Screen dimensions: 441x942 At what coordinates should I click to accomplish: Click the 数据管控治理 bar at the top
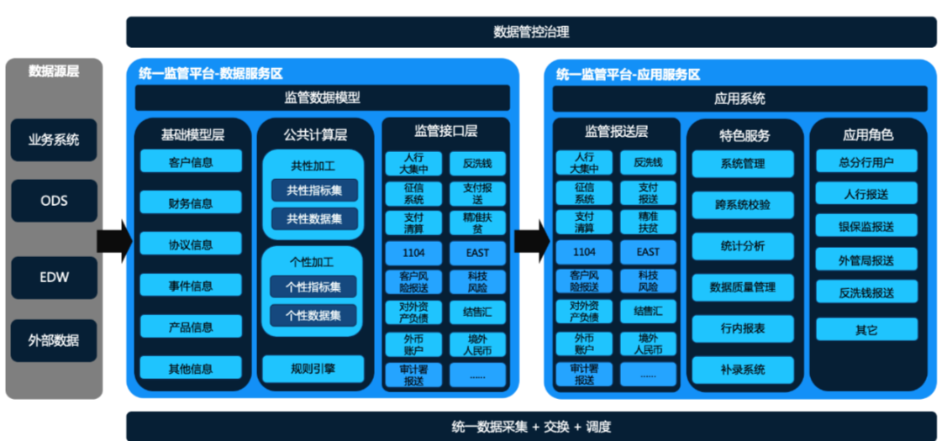click(x=531, y=32)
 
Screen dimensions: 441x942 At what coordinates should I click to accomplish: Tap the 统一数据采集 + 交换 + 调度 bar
click(x=531, y=426)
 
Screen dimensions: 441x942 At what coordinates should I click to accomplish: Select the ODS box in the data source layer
click(x=54, y=201)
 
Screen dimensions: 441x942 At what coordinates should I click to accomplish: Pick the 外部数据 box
click(x=54, y=340)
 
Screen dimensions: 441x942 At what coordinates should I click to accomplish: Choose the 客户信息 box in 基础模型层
click(x=191, y=162)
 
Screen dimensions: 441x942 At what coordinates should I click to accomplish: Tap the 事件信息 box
click(x=191, y=286)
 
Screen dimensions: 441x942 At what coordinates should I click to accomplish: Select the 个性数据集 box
click(x=313, y=316)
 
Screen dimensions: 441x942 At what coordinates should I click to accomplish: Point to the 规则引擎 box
click(x=313, y=368)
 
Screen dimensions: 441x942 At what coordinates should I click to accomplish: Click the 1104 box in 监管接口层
click(x=414, y=252)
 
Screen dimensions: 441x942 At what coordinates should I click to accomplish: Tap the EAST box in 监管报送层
click(x=648, y=252)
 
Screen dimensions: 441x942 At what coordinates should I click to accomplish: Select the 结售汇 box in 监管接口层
click(x=477, y=312)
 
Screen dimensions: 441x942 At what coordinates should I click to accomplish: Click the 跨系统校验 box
click(x=742, y=204)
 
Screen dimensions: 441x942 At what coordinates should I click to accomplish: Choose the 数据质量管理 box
click(x=742, y=287)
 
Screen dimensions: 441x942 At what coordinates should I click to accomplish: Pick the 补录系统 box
click(x=742, y=369)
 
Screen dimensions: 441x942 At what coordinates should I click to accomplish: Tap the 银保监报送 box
click(x=866, y=227)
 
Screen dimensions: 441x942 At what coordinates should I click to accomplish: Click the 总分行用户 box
click(x=866, y=162)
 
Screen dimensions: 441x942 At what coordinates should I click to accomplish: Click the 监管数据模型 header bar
click(x=322, y=98)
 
